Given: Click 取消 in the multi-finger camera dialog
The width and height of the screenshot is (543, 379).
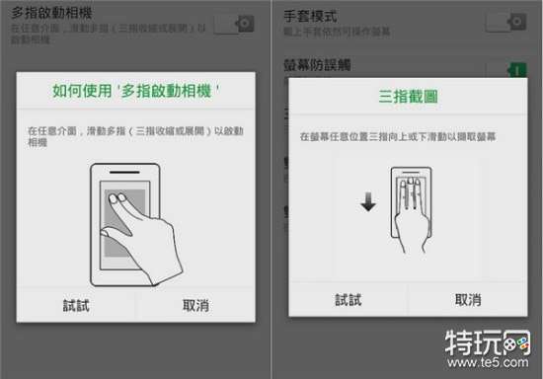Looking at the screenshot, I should pos(194,305).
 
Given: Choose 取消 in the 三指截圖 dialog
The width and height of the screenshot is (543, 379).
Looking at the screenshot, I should pos(467,300).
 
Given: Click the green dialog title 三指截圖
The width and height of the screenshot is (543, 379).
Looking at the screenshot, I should pos(408,97).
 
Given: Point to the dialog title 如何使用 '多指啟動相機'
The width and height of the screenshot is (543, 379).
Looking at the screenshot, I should pos(135,91).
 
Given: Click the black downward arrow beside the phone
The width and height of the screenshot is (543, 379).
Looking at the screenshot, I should pos(366,203).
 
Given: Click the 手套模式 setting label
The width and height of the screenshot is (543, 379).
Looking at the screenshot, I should pos(310,17).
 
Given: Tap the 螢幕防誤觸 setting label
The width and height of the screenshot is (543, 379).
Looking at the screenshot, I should pos(317,65).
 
